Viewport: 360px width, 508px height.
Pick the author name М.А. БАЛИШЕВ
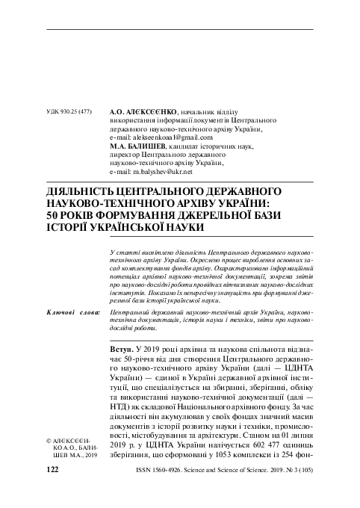(137, 147)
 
